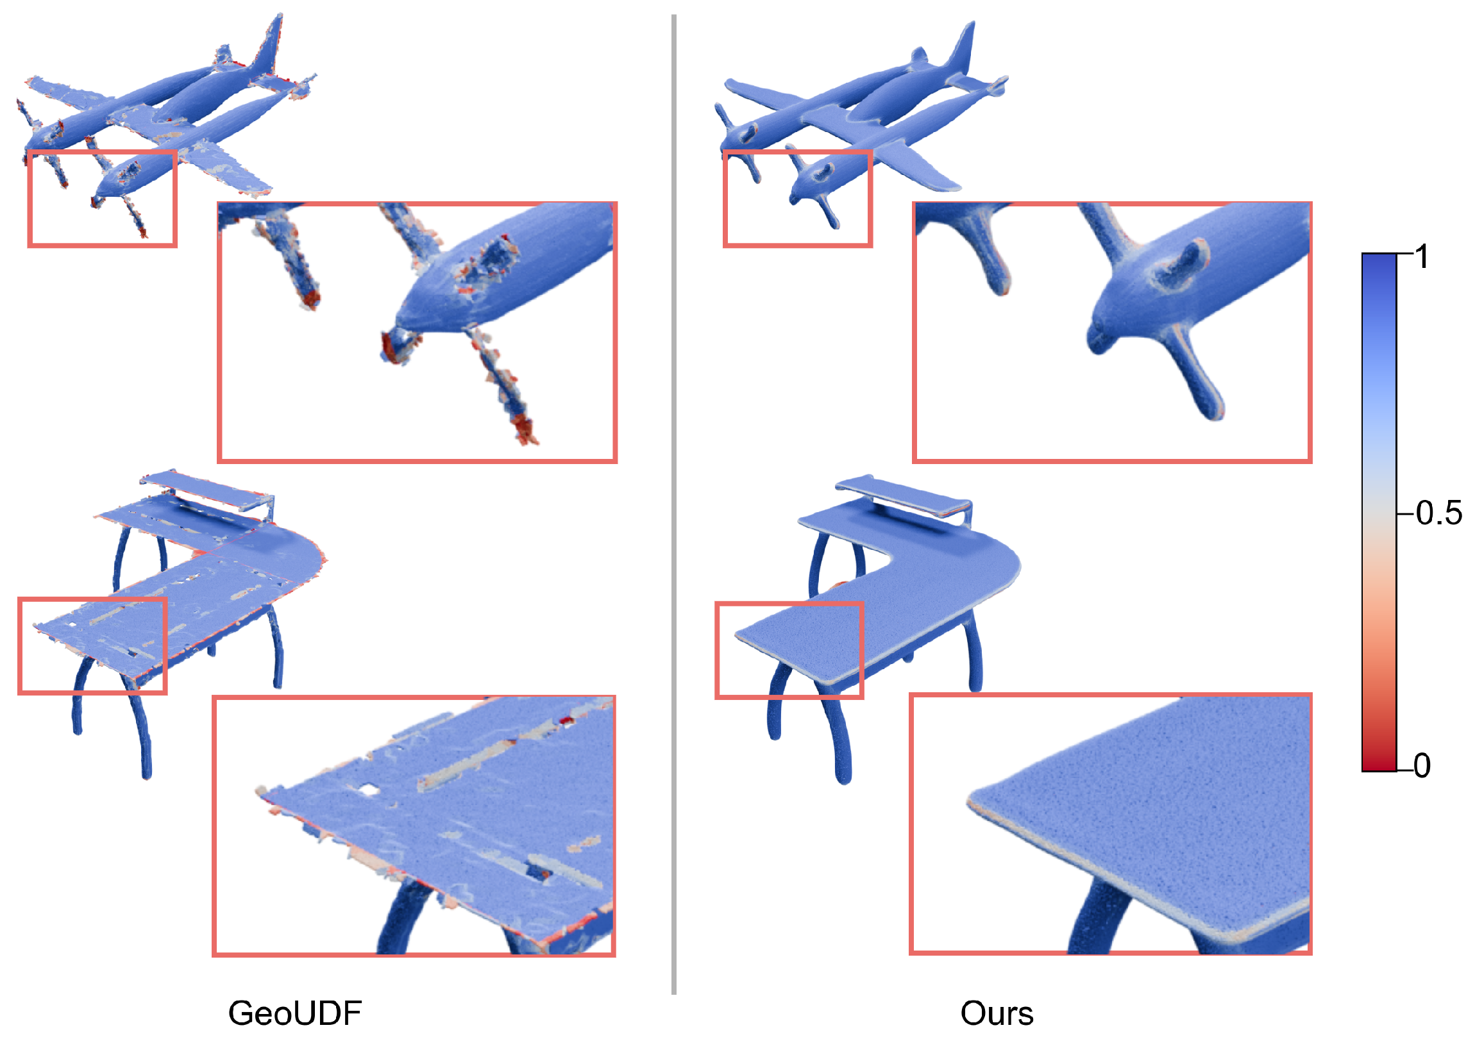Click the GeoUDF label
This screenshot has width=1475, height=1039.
(295, 1013)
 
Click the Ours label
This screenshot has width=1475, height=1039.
(997, 1013)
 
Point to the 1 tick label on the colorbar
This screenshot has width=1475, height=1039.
(1422, 257)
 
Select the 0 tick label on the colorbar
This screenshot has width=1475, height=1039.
(1422, 765)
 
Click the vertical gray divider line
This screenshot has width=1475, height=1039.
(674, 504)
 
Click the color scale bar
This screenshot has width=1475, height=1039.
(1379, 511)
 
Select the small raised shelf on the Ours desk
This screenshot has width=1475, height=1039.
(903, 495)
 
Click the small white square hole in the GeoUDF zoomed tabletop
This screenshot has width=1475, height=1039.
(369, 788)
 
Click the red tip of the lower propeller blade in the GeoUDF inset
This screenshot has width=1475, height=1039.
(525, 428)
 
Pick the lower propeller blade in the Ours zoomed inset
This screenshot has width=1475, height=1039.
(1195, 372)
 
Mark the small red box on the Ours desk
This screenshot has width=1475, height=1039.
(789, 651)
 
